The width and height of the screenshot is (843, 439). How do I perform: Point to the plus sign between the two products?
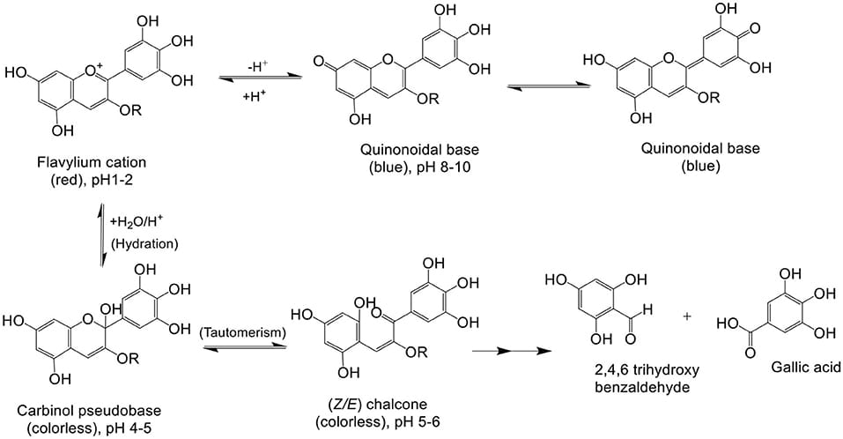point(687,316)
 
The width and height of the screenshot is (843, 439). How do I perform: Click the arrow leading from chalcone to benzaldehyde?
point(505,352)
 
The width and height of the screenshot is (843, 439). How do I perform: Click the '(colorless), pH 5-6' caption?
point(386,423)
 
